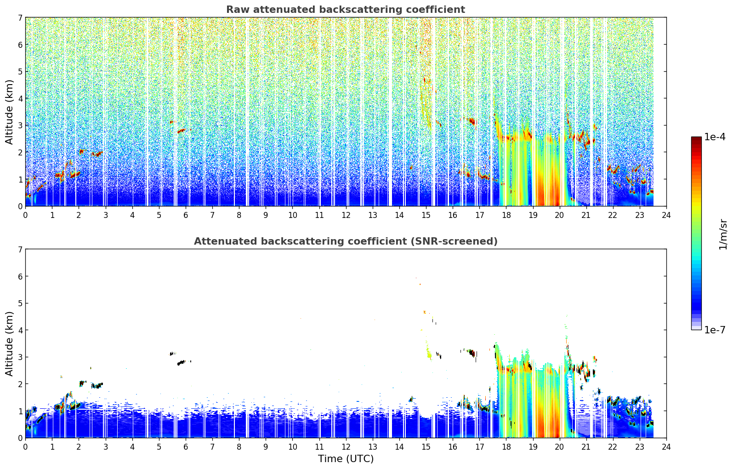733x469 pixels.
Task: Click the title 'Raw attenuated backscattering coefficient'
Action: pyautogui.click(x=346, y=10)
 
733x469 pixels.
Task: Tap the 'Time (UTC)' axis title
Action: pyautogui.click(x=346, y=458)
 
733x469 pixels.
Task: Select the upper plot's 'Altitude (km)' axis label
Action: pyautogui.click(x=9, y=112)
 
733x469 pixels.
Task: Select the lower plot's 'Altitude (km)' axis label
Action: pyautogui.click(x=9, y=343)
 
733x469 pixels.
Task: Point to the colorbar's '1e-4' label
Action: pyautogui.click(x=715, y=137)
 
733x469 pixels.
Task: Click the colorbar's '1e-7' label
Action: pyautogui.click(x=715, y=330)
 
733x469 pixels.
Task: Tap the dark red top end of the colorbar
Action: pyautogui.click(x=696, y=138)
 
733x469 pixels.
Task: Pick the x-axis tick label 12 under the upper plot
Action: pyautogui.click(x=346, y=215)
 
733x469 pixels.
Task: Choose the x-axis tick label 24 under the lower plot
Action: pyautogui.click(x=666, y=447)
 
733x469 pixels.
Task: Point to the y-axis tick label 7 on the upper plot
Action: pyautogui.click(x=20, y=17)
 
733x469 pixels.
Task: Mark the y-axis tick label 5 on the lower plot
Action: pyautogui.click(x=20, y=303)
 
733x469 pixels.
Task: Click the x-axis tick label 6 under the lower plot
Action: pyautogui.click(x=186, y=447)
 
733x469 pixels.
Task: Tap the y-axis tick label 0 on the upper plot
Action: pyautogui.click(x=20, y=206)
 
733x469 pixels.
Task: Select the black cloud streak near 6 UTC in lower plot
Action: pyautogui.click(x=181, y=363)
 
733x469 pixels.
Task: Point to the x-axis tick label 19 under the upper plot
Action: pyautogui.click(x=533, y=215)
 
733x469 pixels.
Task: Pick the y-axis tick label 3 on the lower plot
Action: pyautogui.click(x=20, y=357)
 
